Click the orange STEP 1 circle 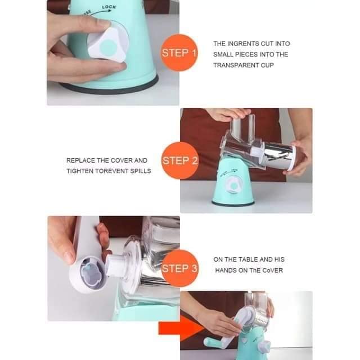pyautogui.click(x=179, y=52)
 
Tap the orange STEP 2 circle pyautogui.click(x=180, y=160)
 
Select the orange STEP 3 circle pyautogui.click(x=179, y=268)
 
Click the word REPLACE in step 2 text pyautogui.click(x=80, y=160)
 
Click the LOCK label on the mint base pyautogui.click(x=109, y=7)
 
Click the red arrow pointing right pyautogui.click(x=180, y=328)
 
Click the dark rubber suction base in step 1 pyautogui.click(x=109, y=85)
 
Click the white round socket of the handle pyautogui.click(x=86, y=274)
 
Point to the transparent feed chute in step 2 pyautogui.click(x=243, y=125)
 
